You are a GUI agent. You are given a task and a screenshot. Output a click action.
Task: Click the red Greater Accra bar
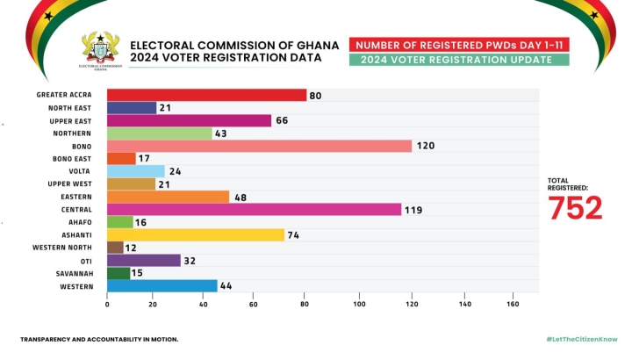(x=206, y=95)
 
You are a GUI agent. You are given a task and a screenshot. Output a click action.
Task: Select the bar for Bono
(x=259, y=146)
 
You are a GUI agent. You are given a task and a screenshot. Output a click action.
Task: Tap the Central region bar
(x=254, y=210)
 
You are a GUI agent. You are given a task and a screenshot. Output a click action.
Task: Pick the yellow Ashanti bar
(x=195, y=235)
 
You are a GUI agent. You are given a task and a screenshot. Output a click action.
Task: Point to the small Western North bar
(x=115, y=248)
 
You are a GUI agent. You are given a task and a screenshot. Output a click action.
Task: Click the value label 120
(x=425, y=146)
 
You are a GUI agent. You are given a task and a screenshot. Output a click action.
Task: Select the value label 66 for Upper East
(x=283, y=120)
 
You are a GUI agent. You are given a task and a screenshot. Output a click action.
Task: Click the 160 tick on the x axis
(x=513, y=305)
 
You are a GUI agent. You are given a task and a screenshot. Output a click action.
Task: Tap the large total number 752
(x=576, y=208)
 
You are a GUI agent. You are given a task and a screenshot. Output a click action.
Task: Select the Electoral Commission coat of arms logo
(x=99, y=50)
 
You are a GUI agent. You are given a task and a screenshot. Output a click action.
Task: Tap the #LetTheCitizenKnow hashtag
(x=582, y=339)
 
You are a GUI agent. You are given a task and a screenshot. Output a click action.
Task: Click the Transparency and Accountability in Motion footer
(x=99, y=339)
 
